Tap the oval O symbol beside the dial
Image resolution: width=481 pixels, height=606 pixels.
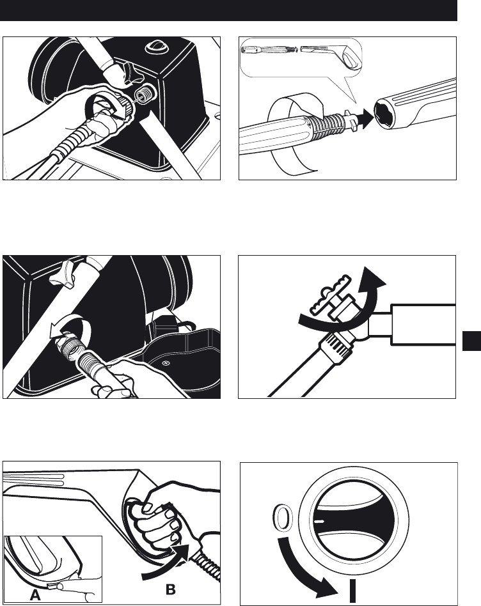click(x=283, y=518)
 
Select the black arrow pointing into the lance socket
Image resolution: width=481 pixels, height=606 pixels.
click(x=365, y=115)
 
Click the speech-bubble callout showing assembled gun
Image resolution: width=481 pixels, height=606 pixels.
click(x=302, y=62)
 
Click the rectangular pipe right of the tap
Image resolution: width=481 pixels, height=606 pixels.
click(x=423, y=325)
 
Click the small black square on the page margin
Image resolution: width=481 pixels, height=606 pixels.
click(x=471, y=341)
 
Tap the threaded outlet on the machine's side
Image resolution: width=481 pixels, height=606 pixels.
click(x=145, y=95)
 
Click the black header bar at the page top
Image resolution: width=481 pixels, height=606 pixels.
click(x=228, y=10)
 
